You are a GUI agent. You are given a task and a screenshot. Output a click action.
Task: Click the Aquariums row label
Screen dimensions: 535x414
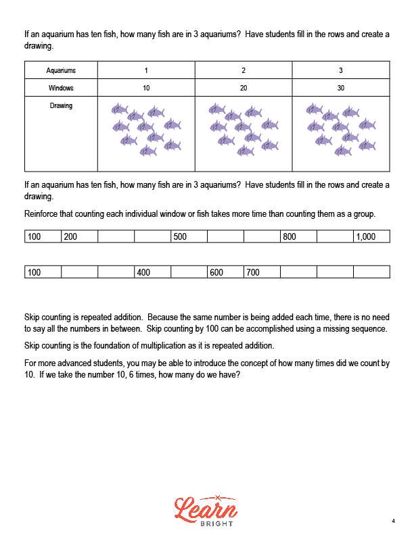click(x=61, y=70)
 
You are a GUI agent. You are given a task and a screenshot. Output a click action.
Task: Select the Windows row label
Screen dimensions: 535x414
click(x=61, y=88)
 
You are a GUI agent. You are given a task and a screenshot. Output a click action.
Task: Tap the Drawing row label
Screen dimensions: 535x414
click(x=61, y=106)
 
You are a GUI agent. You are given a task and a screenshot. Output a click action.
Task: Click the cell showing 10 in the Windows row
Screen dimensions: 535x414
click(x=146, y=88)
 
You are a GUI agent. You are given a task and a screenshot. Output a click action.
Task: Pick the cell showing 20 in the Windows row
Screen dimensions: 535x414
click(x=244, y=88)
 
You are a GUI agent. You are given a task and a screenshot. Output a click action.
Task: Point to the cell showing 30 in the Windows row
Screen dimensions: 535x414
click(x=341, y=88)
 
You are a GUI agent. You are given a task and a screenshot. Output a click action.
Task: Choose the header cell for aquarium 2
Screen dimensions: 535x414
click(x=244, y=70)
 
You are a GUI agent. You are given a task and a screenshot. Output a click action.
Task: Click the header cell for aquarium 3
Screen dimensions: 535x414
click(x=341, y=70)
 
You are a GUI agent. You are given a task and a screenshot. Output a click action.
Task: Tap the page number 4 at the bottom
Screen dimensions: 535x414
click(x=393, y=521)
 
